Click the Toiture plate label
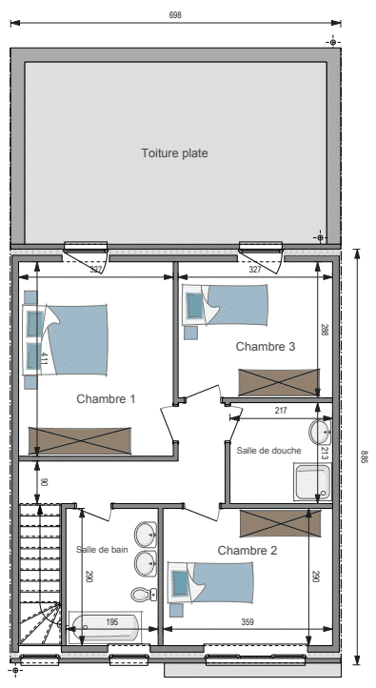174,153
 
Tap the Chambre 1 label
106,399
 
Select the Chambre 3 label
266,346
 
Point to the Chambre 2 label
247,550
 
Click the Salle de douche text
268,450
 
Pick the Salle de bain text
102,549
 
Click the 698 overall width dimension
175,15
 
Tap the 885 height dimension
365,456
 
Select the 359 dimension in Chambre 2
247,621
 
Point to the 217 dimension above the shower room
281,411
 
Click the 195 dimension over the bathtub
112,622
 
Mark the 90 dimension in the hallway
44,482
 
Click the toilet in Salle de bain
144,595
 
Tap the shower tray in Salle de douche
313,482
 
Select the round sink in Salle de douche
320,433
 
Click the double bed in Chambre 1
66,339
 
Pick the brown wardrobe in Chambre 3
279,382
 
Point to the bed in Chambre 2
211,582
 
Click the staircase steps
40,574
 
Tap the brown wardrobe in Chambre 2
281,523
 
